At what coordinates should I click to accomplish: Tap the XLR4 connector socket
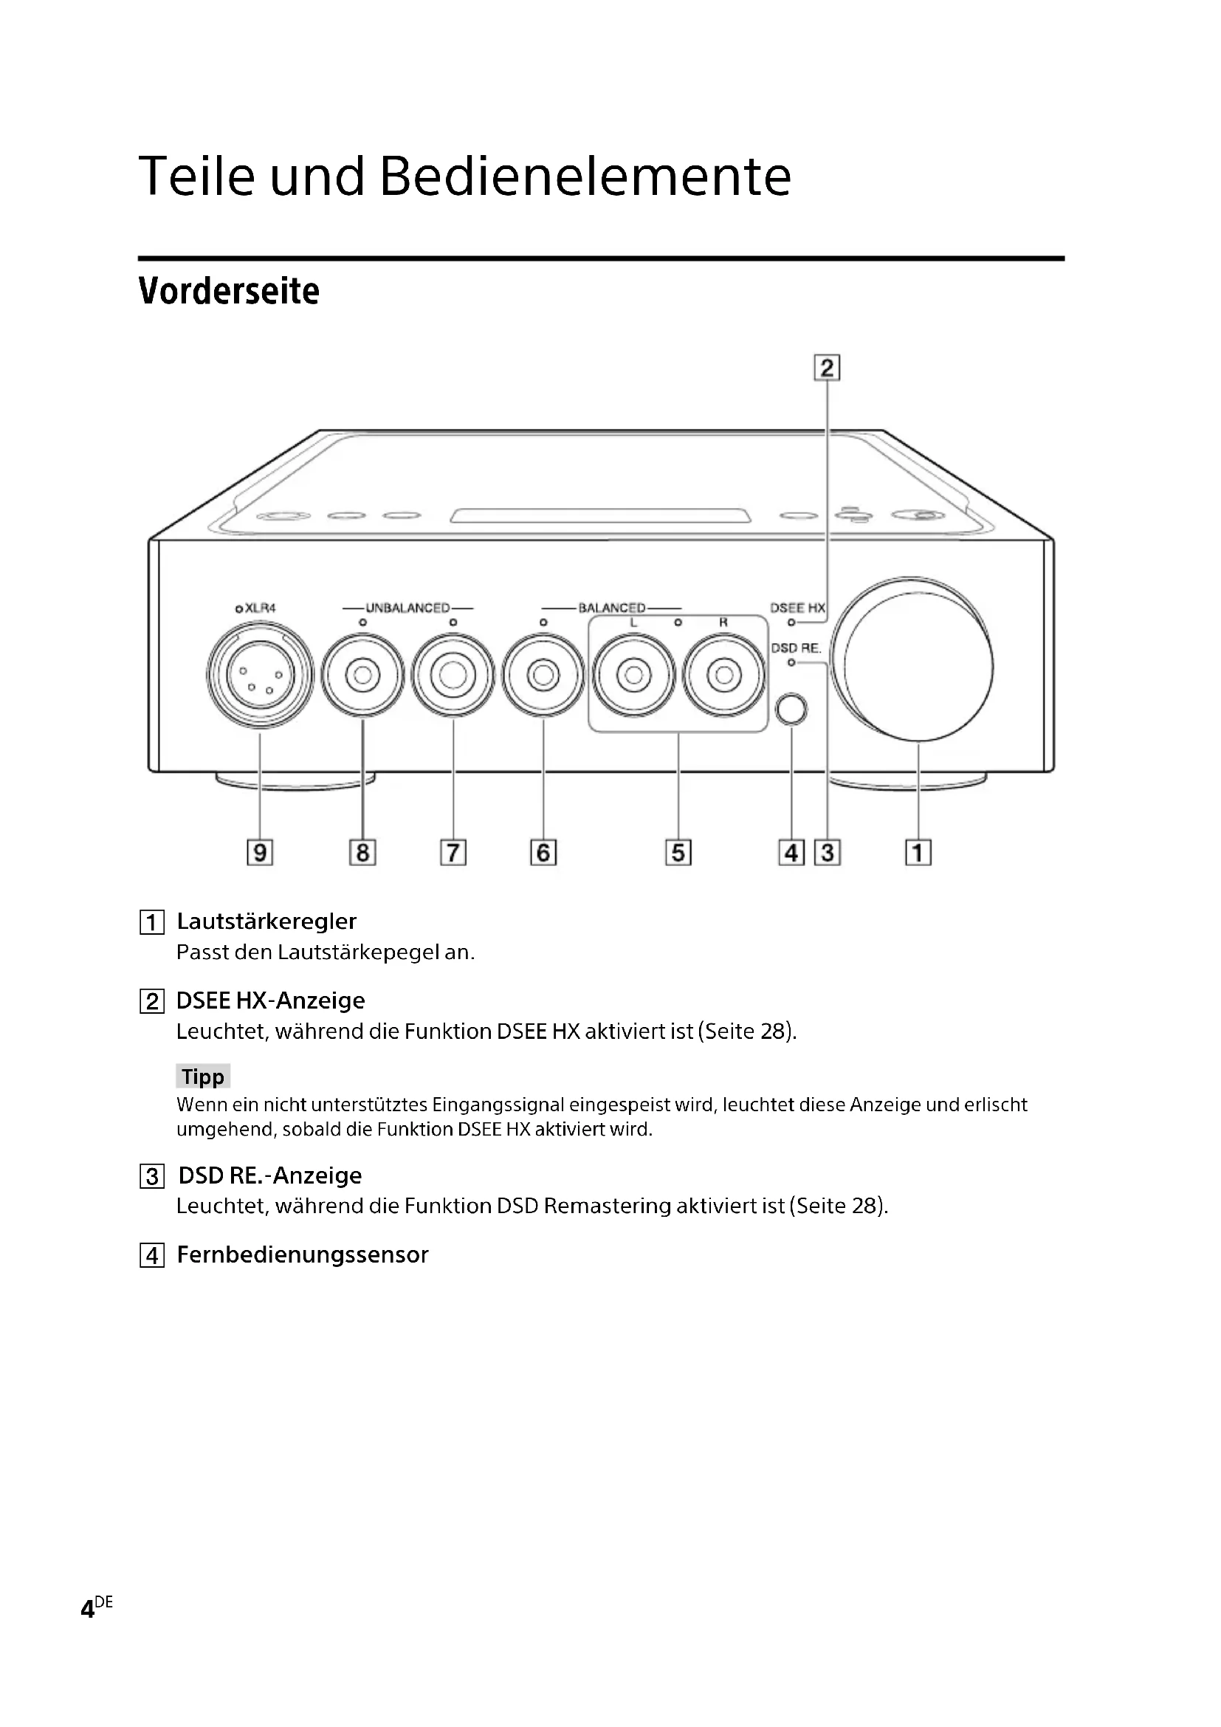coord(259,675)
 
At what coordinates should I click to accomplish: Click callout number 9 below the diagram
coord(259,852)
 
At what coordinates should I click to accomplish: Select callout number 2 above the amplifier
coord(827,368)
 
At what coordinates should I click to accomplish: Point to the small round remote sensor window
coord(791,710)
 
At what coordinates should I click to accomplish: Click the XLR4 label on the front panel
coord(260,608)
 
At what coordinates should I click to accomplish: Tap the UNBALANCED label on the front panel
coord(407,608)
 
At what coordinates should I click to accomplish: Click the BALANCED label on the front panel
coord(611,608)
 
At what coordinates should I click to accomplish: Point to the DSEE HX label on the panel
coord(797,608)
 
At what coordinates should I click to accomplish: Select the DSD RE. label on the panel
coord(796,648)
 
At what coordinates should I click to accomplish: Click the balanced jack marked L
coord(633,675)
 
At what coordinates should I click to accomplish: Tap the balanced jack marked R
coord(723,675)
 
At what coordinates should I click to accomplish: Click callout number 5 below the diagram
coord(678,852)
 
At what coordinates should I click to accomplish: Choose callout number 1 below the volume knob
coord(918,852)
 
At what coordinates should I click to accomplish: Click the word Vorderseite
coord(230,291)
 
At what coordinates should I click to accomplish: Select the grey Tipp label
coord(203,1077)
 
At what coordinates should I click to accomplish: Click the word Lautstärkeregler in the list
coord(266,921)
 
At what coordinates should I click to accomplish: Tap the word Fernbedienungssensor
coord(302,1254)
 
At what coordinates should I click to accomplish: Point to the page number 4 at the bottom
coord(88,1609)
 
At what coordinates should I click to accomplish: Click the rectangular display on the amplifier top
coord(600,515)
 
